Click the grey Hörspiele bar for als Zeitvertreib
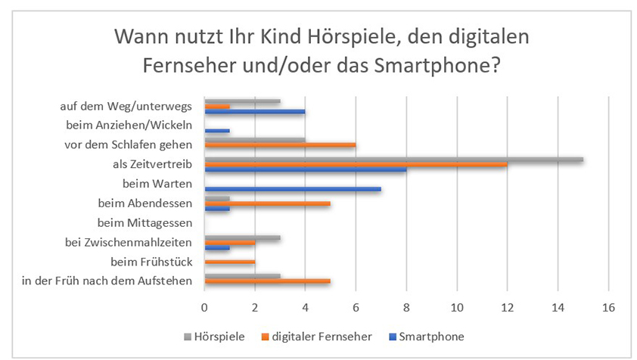coord(393,159)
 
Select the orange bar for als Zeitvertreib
coord(356,165)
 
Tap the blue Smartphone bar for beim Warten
coord(293,188)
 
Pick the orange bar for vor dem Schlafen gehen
coord(280,145)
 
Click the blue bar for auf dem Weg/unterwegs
coord(255,112)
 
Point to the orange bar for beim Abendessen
coord(267,203)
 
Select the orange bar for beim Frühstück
coord(230,262)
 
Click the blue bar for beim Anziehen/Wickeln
coord(217,131)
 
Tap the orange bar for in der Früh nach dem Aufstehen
coord(267,281)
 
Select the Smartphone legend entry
coord(430,337)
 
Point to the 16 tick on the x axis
coord(607,307)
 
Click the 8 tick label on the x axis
coord(406,307)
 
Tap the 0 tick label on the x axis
coord(204,307)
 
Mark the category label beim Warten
coord(157,183)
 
